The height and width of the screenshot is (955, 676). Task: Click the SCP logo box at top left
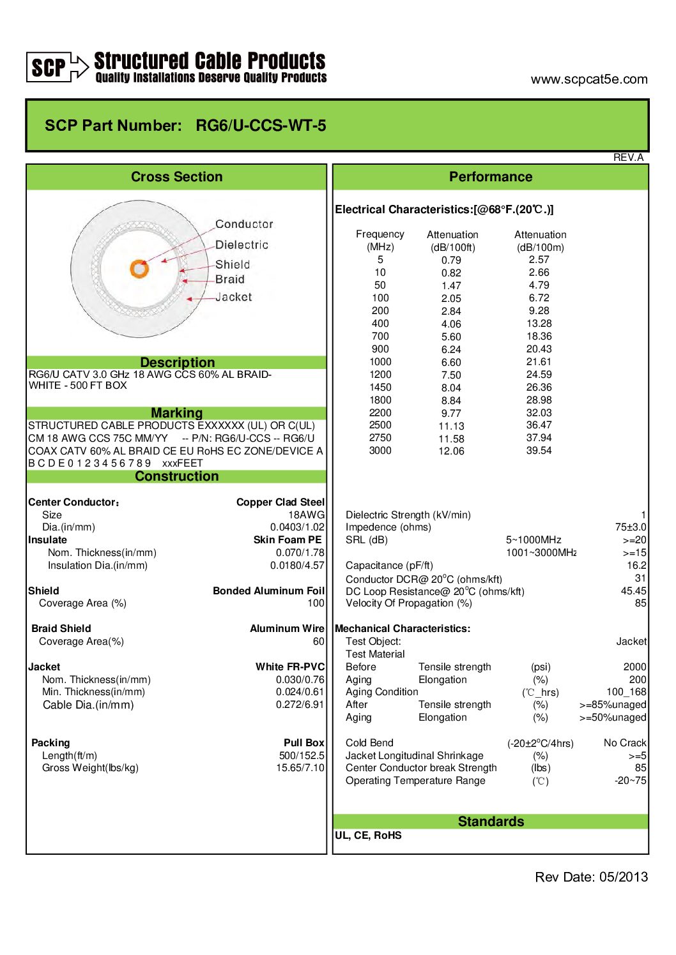point(48,67)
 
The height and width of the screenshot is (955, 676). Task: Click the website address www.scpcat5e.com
point(588,79)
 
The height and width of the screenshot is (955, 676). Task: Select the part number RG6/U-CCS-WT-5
point(261,125)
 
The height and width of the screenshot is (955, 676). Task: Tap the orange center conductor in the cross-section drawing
point(139,268)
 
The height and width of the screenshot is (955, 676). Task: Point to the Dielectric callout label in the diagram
point(242,244)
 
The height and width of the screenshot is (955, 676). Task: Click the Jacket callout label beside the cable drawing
point(233,297)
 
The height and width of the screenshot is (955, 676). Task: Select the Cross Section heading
point(176,177)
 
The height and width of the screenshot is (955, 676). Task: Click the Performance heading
point(490,177)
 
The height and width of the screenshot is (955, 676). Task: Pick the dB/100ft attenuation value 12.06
point(451,451)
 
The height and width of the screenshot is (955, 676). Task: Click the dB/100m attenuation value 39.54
point(539,451)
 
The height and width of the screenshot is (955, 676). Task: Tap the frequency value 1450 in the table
point(380,387)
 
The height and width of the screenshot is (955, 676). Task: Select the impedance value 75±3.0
point(630,527)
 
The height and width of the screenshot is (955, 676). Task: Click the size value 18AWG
point(306,515)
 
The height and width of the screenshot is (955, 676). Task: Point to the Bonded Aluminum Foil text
point(268,591)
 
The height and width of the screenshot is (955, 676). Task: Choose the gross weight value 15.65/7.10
point(300,768)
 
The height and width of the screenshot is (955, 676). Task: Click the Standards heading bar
point(490,822)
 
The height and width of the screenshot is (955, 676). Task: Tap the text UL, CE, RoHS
point(368,836)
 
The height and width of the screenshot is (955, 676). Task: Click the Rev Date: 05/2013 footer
point(591,877)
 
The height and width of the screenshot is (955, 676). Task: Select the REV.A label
point(628,158)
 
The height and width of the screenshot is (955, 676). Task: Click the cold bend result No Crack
point(624,743)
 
